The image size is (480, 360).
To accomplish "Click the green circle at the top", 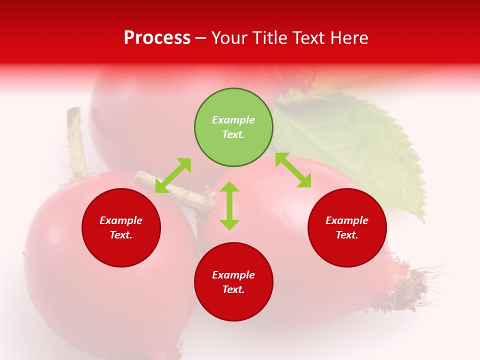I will (233, 127).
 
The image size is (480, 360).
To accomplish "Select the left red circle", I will (121, 228).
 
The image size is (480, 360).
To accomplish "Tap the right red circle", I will (347, 228).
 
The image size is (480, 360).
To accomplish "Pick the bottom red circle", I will (233, 282).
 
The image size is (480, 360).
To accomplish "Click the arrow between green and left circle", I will (173, 175).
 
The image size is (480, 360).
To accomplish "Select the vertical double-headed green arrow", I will (229, 205).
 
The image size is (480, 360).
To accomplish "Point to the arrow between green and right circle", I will (293, 170).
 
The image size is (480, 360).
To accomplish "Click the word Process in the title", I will (157, 37).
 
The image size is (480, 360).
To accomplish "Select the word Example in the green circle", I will (233, 120).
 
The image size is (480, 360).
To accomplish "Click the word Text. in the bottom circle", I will (233, 289).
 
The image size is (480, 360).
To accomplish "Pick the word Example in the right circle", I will (347, 220).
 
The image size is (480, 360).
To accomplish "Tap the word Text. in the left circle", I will (121, 235).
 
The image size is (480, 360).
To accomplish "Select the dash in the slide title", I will (201, 38).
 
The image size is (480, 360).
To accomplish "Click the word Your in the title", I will (228, 37).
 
